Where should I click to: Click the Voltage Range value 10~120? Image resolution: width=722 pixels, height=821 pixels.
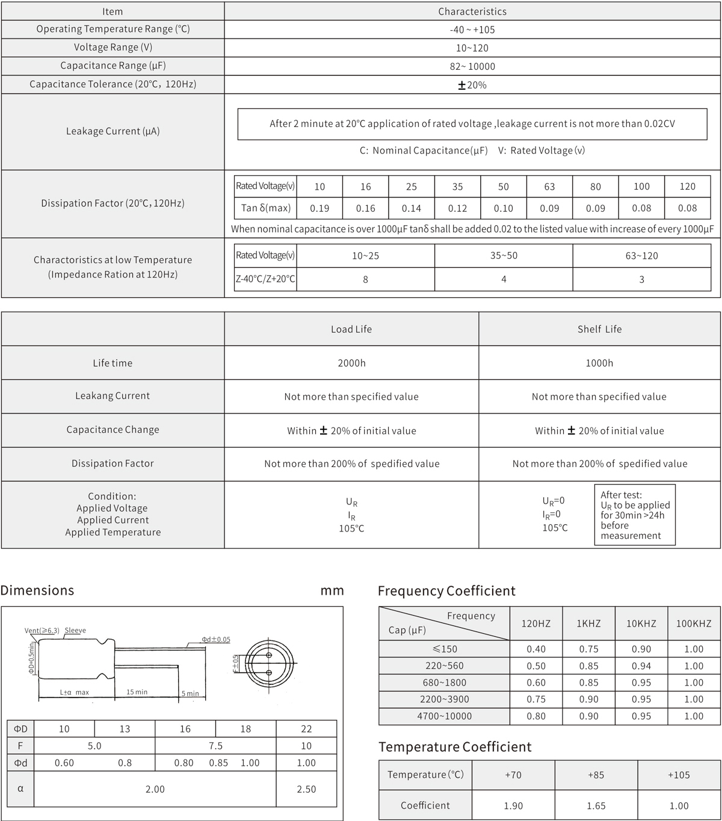472,48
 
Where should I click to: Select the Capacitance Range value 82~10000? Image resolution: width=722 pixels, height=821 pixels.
472,66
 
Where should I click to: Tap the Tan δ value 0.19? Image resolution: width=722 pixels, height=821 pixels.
319,208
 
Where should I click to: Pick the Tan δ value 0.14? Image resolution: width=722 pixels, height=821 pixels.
412,208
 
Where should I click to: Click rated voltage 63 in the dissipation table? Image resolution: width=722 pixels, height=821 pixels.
549,187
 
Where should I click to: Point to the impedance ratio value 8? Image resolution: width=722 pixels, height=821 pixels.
365,279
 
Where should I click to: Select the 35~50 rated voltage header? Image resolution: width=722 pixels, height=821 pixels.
504,256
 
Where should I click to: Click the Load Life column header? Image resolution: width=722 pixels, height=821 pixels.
351,329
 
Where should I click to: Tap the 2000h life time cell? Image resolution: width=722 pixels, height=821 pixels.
351,363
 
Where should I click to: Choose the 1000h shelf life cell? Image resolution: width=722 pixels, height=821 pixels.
599,363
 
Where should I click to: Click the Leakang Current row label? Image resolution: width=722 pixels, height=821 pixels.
113,396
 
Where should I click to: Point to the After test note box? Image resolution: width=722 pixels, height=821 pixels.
635,515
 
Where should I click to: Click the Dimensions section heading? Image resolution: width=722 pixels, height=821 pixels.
37,590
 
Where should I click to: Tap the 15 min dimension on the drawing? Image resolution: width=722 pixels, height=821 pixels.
137,692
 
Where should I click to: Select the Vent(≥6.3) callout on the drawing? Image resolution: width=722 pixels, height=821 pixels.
42,631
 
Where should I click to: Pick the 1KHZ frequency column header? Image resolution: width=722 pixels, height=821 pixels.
588,624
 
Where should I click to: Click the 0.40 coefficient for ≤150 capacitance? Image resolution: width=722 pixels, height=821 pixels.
536,649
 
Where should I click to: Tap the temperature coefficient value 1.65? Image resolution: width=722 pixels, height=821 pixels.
596,806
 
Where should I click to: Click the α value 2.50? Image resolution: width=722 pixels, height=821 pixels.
306,789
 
